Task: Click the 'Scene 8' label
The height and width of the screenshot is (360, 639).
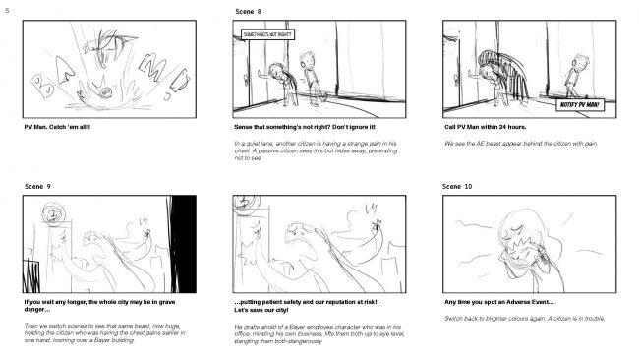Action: pyautogui.click(x=249, y=11)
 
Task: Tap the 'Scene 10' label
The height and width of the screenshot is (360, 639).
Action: pyautogui.click(x=457, y=186)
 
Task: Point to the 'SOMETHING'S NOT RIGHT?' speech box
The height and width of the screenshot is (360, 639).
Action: pyautogui.click(x=267, y=34)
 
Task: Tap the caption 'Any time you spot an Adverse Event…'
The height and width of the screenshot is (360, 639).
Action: pyautogui.click(x=499, y=303)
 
